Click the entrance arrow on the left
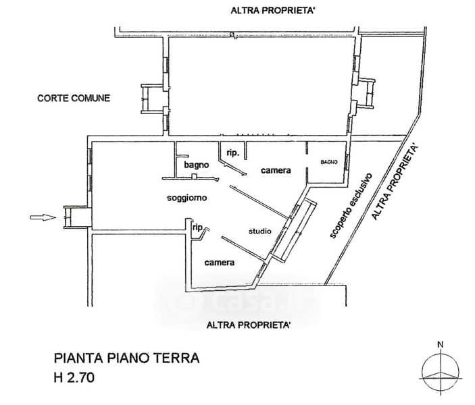43,217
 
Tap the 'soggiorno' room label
186,198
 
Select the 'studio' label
260,231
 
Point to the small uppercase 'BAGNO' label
329,162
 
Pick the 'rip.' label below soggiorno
198,227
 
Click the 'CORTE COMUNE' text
72,99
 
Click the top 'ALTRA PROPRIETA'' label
273,10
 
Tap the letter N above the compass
440,346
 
